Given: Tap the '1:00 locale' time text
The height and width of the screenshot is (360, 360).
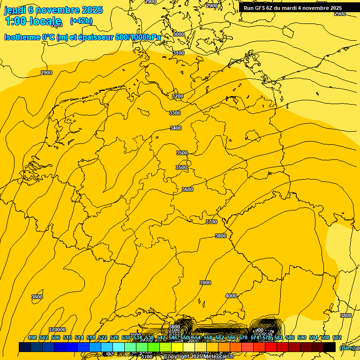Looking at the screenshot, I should click(33, 21).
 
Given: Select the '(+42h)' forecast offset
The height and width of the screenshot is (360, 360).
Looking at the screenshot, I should click(81, 21).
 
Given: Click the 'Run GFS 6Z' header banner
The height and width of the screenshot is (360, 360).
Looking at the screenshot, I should click(292, 8).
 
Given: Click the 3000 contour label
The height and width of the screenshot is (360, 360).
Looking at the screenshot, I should click(179, 34).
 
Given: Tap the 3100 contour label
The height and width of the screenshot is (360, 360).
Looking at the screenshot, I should click(179, 53).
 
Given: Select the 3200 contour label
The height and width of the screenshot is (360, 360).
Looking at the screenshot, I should click(178, 96).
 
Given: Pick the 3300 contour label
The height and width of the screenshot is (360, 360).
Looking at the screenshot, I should click(175, 113).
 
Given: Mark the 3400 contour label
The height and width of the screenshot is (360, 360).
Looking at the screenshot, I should click(176, 128).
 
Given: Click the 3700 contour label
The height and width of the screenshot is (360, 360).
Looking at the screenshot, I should click(211, 222).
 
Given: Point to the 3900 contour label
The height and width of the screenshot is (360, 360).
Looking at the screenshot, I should click(205, 283).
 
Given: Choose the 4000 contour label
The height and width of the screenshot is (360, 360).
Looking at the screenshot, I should click(231, 296).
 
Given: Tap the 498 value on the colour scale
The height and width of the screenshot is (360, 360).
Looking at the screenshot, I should click(32, 337).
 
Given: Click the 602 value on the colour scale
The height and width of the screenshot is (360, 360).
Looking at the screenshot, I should click(337, 337).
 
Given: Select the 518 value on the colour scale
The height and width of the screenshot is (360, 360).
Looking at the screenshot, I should click(91, 337).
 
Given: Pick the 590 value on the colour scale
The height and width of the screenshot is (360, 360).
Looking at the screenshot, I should click(302, 337).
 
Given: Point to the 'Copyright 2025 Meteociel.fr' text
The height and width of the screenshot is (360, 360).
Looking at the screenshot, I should click(199, 357).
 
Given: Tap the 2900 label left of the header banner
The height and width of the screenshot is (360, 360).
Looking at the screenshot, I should click(212, 6).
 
